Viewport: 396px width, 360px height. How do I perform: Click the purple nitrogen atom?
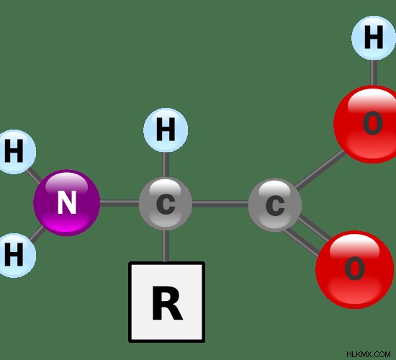67,203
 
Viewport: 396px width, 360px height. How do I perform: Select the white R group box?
167,302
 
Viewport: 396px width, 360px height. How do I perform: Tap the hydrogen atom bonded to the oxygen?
374,38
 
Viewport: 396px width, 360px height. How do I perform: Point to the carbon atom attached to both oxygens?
275,205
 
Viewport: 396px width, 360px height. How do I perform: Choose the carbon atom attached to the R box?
166,204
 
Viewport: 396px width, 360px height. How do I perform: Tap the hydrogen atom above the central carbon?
166,130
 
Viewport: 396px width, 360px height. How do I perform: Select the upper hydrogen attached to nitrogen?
14,152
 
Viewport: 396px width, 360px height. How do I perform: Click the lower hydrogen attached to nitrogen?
14,256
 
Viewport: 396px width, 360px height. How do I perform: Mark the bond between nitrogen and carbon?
120,203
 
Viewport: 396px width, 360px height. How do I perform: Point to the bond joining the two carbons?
220,204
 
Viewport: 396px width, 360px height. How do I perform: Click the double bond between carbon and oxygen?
307,236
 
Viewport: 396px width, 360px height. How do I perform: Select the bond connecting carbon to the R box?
166,246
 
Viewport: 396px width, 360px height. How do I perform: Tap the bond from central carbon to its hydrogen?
166,165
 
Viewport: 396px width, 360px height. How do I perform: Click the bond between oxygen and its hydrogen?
374,73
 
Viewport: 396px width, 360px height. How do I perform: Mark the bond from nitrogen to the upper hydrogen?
34,175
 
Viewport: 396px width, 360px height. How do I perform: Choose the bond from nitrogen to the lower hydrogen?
37,233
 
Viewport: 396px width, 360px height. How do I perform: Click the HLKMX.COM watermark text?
369,354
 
